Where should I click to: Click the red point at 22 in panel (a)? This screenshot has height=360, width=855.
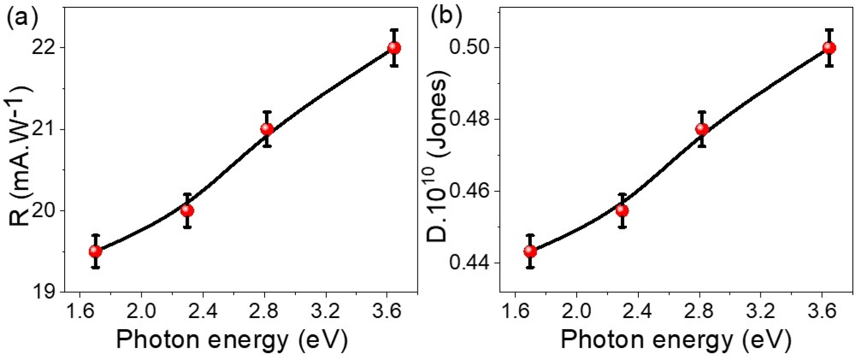[394, 48]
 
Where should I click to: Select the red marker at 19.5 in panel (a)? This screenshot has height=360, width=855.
[95, 251]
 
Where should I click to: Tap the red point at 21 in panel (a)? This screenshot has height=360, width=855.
[267, 129]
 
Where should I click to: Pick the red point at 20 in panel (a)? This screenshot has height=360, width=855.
[187, 211]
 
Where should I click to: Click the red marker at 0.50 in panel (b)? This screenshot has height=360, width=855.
[829, 48]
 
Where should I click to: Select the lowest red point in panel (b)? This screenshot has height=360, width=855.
[530, 251]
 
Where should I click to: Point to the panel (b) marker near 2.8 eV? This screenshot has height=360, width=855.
[702, 129]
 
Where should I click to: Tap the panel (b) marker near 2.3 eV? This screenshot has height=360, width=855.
[622, 211]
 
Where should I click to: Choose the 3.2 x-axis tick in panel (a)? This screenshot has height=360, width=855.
[326, 311]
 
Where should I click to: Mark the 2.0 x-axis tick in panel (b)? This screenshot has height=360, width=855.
[576, 311]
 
